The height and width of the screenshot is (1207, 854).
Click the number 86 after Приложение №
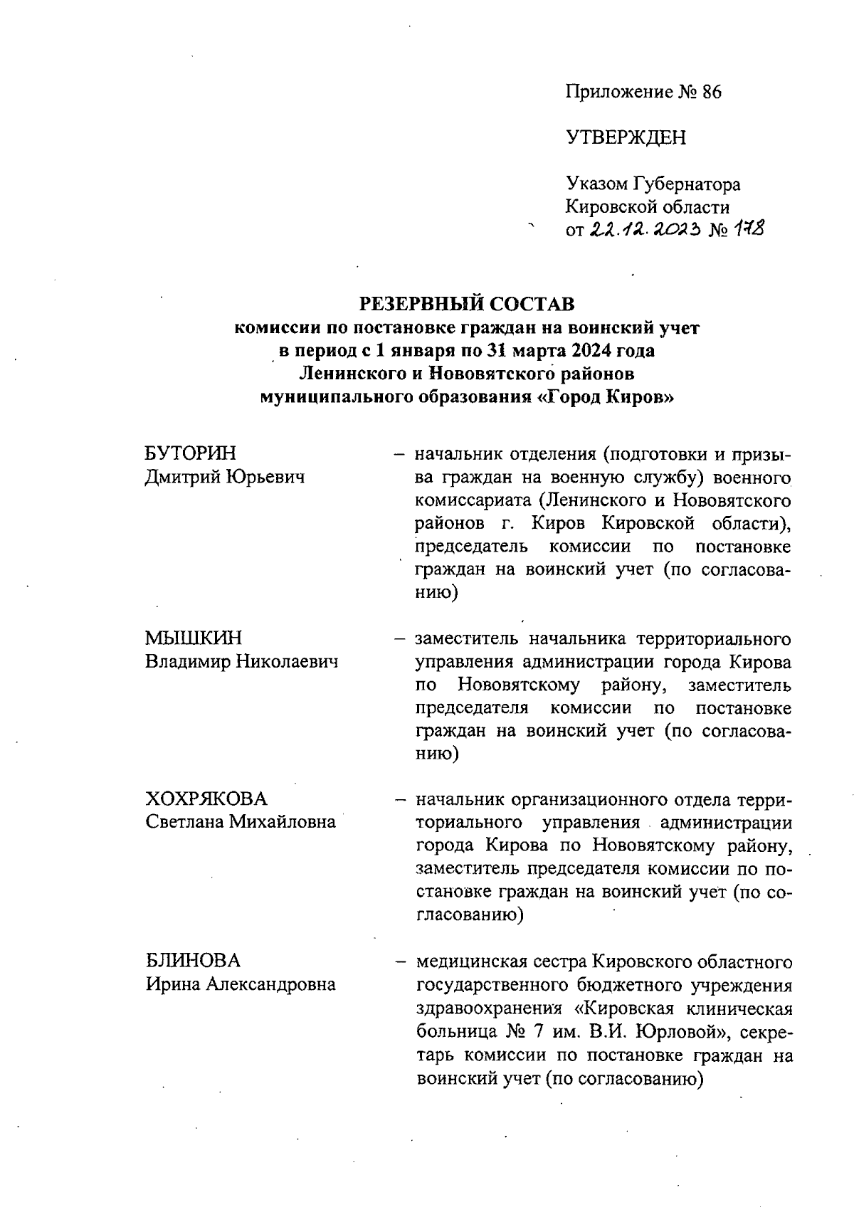point(711,93)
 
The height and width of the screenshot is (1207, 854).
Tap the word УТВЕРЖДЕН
point(626,138)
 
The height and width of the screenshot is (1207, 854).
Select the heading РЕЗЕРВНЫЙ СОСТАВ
point(467,304)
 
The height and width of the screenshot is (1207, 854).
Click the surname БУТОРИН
point(191,453)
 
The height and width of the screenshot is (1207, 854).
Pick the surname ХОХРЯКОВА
point(206,798)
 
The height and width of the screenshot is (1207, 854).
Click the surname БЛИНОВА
point(194,961)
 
